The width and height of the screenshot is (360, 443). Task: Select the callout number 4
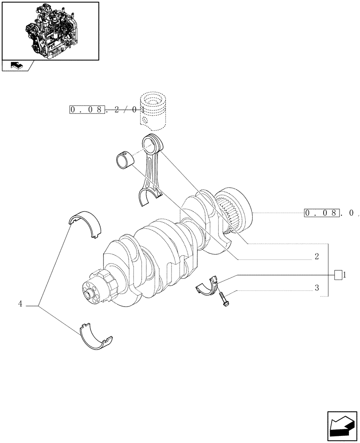coord(20,304)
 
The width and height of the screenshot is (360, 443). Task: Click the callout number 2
coord(317,256)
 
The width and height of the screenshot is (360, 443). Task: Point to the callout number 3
coord(317,288)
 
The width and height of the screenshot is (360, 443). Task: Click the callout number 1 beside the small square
coord(344,275)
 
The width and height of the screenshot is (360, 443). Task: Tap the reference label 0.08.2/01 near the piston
coord(106,109)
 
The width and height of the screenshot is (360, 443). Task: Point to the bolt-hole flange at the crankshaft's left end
coord(92,292)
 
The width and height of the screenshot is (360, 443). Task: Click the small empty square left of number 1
coord(338,275)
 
